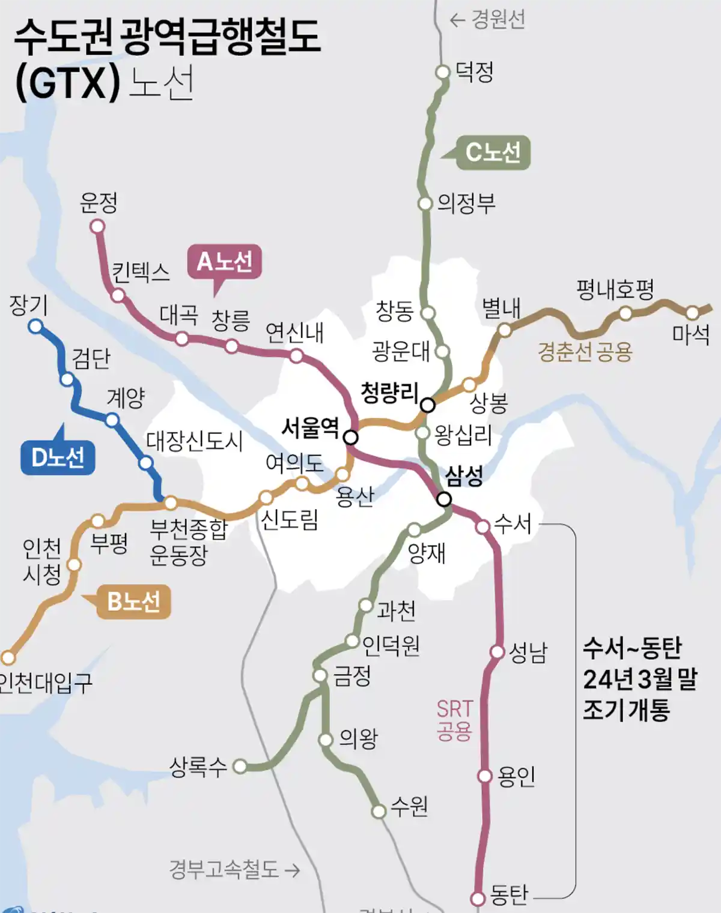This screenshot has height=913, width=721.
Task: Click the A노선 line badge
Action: pyautogui.click(x=224, y=262)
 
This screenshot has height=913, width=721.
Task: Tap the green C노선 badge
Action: pyautogui.click(x=493, y=152)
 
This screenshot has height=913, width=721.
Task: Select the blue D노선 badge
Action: pyautogui.click(x=58, y=457)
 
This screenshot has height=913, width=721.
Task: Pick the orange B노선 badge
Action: pyautogui.click(x=133, y=601)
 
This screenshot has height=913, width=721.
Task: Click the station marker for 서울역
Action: pyautogui.click(x=351, y=438)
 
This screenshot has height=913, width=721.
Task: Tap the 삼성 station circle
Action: pyautogui.click(x=444, y=499)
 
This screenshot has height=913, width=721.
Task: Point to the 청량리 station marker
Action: pyautogui.click(x=427, y=405)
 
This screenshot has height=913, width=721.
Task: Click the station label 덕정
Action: pyautogui.click(x=474, y=72)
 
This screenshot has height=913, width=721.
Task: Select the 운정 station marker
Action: pyautogui.click(x=97, y=226)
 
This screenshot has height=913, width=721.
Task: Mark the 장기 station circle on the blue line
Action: pyautogui.click(x=36, y=327)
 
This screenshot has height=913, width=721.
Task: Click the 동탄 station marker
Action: pyautogui.click(x=478, y=899)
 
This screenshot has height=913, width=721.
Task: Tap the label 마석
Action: pyautogui.click(x=691, y=334)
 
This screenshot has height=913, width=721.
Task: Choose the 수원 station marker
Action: pyautogui.click(x=379, y=812)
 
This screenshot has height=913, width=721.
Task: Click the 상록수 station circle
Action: pyautogui.click(x=240, y=766)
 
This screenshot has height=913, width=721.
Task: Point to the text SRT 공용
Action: pyautogui.click(x=454, y=720)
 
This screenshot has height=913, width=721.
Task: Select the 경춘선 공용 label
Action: pyautogui.click(x=585, y=352)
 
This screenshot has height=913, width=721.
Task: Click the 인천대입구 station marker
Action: pyautogui.click(x=8, y=657)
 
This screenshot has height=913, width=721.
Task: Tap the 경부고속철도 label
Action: pyautogui.click(x=224, y=869)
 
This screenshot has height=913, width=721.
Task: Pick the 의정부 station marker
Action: pyautogui.click(x=425, y=203)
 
